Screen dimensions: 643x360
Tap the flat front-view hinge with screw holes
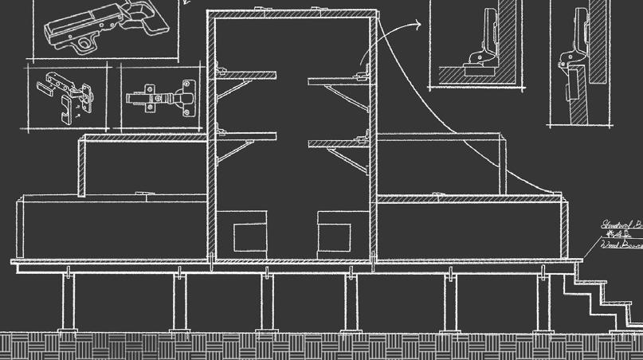162,98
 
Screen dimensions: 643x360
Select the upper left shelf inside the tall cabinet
246,77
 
